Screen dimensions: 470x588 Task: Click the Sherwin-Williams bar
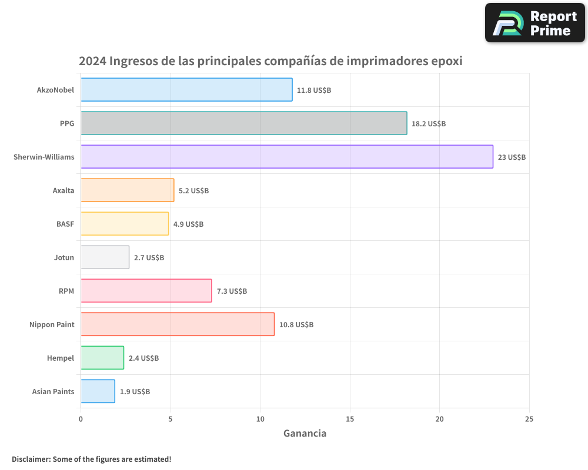point(286,157)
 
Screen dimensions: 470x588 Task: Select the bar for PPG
point(243,123)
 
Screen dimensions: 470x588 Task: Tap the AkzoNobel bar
point(186,90)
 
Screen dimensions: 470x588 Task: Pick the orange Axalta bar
point(127,190)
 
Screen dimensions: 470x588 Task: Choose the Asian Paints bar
point(98,391)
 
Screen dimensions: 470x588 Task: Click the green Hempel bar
point(102,358)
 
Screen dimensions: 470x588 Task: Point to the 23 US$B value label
point(512,157)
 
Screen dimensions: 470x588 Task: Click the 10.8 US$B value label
point(296,325)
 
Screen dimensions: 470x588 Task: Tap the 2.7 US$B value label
point(149,258)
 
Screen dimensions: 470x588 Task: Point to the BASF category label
point(65,224)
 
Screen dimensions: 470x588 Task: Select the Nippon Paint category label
point(52,324)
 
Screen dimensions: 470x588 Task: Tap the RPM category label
point(66,291)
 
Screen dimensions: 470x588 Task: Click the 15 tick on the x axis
point(350,419)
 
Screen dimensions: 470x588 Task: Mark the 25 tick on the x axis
point(529,419)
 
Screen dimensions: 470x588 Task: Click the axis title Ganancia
point(305,434)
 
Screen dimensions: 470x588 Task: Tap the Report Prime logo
point(535,23)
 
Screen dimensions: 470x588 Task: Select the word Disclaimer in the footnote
point(31,459)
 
